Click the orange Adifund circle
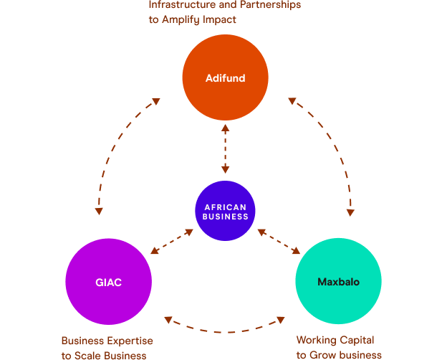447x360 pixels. pos(225,57)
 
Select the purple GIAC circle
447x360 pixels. pos(108,301)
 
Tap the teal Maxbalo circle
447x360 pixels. pos(338,301)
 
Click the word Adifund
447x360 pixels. pos(225,78)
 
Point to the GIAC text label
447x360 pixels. pos(108,283)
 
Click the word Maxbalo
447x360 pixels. pos(338,283)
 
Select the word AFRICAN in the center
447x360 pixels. pos(225,207)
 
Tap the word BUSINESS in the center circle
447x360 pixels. pos(225,217)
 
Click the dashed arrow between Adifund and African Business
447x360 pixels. pos(225,149)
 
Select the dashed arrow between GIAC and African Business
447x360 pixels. pos(172,242)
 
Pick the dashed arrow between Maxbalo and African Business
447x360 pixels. pos(279,242)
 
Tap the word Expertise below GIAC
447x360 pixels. pos(128,341)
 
